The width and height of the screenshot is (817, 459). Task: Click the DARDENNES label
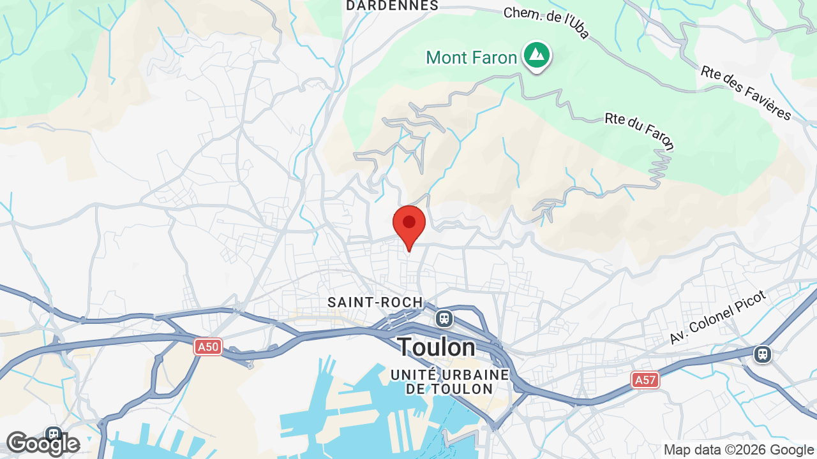pyautogui.click(x=392, y=6)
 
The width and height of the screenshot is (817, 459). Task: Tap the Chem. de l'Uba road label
pyautogui.click(x=546, y=23)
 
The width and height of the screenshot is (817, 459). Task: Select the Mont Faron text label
pyautogui.click(x=472, y=58)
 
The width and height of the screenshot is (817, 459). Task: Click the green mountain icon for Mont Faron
pyautogui.click(x=537, y=55)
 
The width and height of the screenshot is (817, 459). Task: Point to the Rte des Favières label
pyautogui.click(x=746, y=93)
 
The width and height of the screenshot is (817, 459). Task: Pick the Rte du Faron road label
pyautogui.click(x=639, y=132)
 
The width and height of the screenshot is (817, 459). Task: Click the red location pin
pyautogui.click(x=409, y=224)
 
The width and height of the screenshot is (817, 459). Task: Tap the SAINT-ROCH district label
pyautogui.click(x=375, y=302)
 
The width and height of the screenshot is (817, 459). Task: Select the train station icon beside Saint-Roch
pyautogui.click(x=444, y=317)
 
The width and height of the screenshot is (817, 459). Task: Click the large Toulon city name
pyautogui.click(x=437, y=347)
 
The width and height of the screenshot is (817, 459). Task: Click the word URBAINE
pyautogui.click(x=478, y=374)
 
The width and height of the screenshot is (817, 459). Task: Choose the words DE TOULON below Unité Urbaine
pyautogui.click(x=449, y=389)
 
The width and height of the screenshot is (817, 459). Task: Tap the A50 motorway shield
pyautogui.click(x=208, y=347)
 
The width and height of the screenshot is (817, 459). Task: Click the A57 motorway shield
pyautogui.click(x=645, y=381)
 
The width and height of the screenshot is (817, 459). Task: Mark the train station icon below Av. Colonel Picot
pyautogui.click(x=763, y=354)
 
